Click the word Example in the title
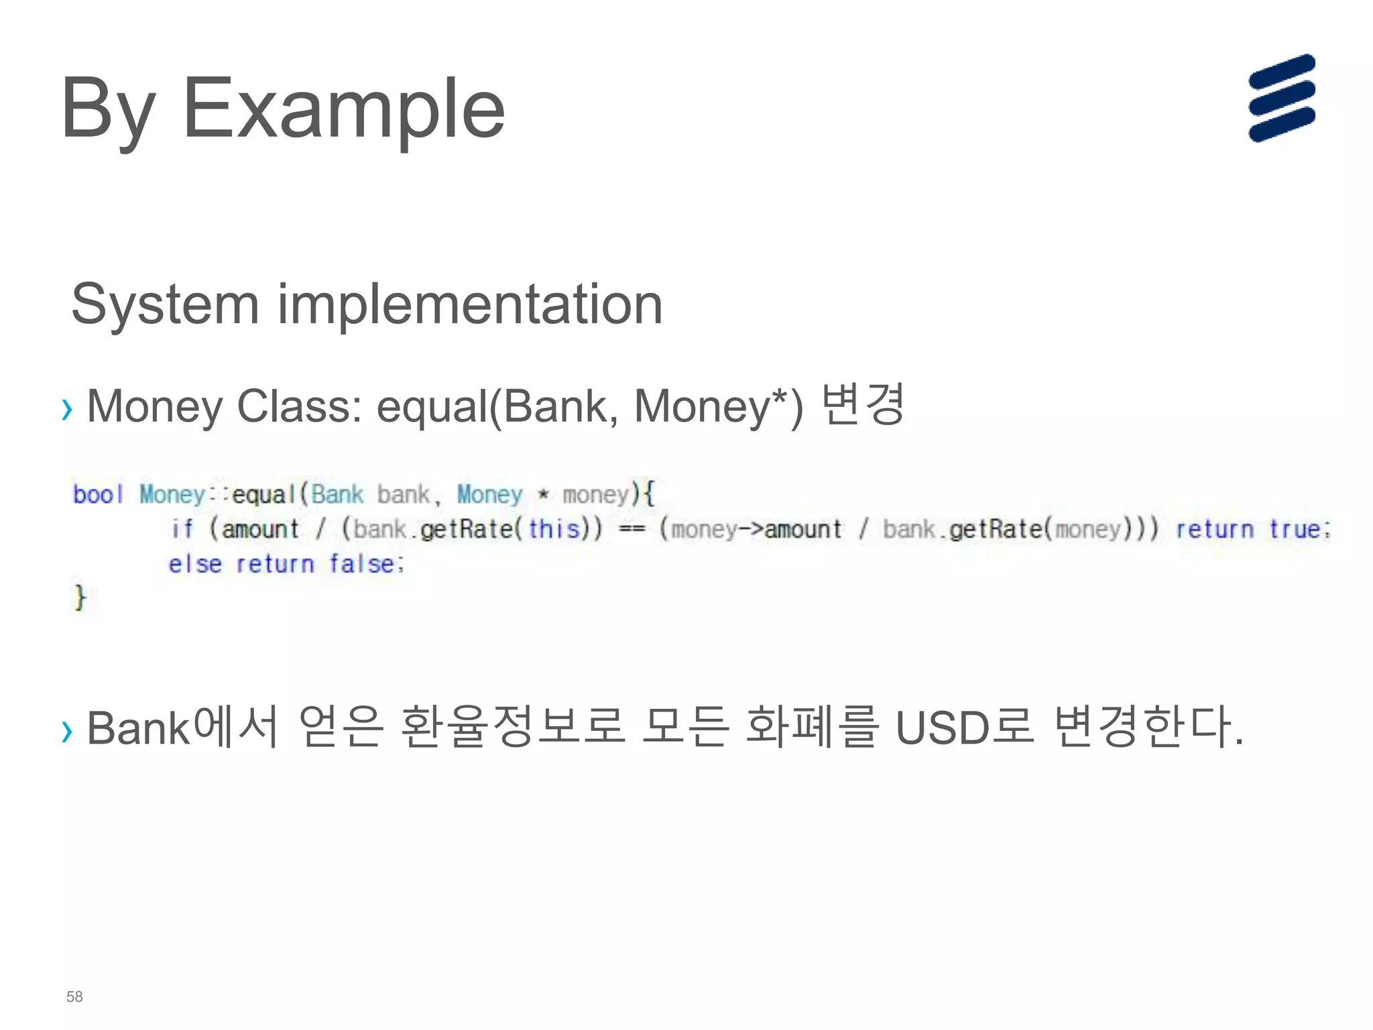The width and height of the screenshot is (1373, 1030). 343,109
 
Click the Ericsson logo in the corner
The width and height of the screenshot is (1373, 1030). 1281,98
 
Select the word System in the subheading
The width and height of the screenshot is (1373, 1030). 165,305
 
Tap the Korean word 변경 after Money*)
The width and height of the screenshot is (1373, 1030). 863,404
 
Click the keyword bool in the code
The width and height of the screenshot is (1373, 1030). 98,494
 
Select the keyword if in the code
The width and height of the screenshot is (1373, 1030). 182,529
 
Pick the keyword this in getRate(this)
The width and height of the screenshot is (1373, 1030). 554,529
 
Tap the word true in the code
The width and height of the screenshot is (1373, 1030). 1299,529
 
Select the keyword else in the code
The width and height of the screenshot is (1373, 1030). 194,564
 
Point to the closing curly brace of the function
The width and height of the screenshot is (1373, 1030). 80,597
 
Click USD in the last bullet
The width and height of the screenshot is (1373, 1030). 942,728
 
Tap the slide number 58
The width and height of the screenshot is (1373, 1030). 74,996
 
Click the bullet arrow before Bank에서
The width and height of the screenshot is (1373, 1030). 66,731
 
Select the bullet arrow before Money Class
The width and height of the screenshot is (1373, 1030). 66,408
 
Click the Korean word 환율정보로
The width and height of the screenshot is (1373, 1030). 513,727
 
